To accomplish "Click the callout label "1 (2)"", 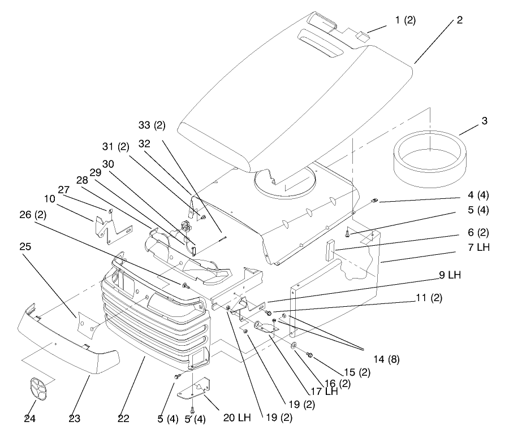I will click(405, 20).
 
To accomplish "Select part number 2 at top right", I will click(459, 20).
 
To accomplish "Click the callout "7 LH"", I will click(478, 247).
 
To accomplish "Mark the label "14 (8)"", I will click(386, 359).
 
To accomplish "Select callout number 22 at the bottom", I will click(123, 419).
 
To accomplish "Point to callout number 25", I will click(25, 247).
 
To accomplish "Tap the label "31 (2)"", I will click(116, 146).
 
